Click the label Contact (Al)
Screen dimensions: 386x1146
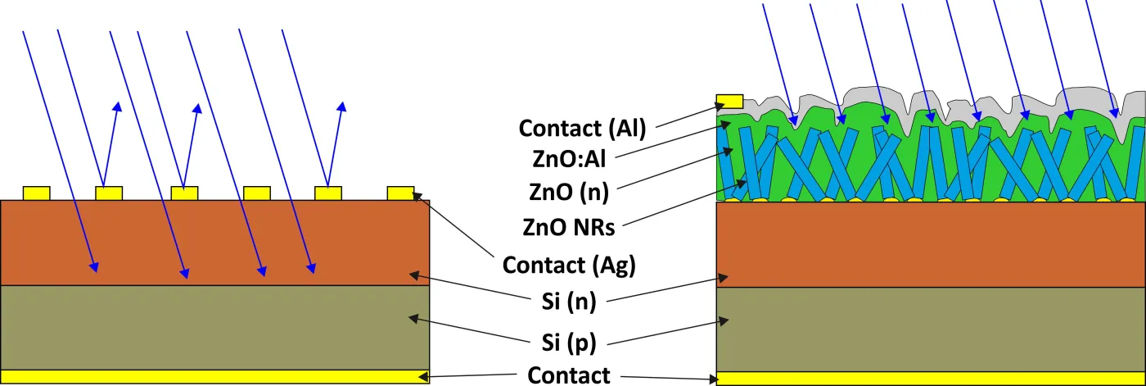(582, 129)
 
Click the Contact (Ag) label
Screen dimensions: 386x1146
(569, 265)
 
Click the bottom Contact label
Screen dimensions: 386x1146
(568, 375)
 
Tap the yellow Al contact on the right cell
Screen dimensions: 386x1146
(729, 102)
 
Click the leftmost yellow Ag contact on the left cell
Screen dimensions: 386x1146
(36, 193)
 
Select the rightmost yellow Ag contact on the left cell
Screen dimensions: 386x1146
(400, 193)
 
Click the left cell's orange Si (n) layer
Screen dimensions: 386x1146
(214, 243)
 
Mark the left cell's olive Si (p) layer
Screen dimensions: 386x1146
(214, 327)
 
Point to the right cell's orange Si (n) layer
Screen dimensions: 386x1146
(931, 244)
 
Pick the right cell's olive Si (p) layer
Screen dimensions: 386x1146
(931, 329)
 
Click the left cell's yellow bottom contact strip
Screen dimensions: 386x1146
(214, 376)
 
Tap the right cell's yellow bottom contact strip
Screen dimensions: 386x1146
(931, 379)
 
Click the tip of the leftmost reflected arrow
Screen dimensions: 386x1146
(118, 103)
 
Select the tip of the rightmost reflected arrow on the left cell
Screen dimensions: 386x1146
(342, 103)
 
